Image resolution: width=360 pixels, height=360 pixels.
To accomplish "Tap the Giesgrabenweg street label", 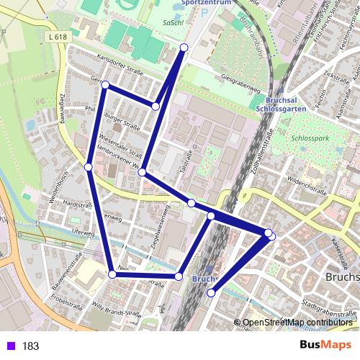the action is click(240, 84).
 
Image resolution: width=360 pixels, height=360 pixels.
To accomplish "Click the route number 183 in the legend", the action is click(30, 346).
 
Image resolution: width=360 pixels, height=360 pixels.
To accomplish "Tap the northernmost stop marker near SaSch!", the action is click(184, 48).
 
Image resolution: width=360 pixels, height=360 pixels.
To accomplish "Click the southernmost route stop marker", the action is click(211, 293).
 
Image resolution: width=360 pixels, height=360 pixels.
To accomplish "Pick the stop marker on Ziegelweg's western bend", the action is click(88, 167).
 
